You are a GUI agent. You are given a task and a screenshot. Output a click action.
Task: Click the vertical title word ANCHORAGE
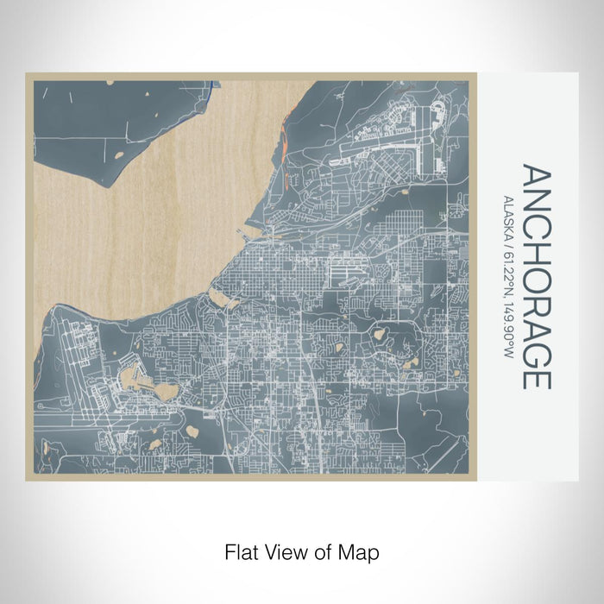coord(536,277)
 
